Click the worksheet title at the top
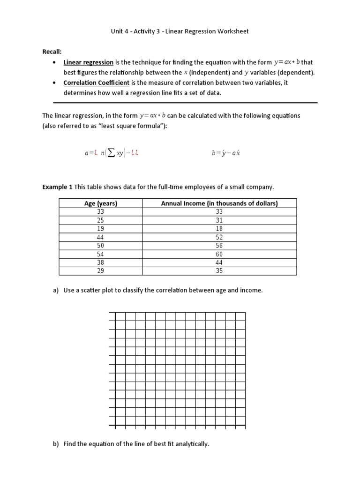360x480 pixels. click(180, 31)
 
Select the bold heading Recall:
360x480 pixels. click(52, 52)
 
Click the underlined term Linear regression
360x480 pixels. click(89, 62)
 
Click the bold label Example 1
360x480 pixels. click(57, 187)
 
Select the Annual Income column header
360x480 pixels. click(219, 203)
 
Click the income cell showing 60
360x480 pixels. click(219, 254)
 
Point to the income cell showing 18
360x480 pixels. click(219, 229)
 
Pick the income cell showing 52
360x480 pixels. click(219, 237)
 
